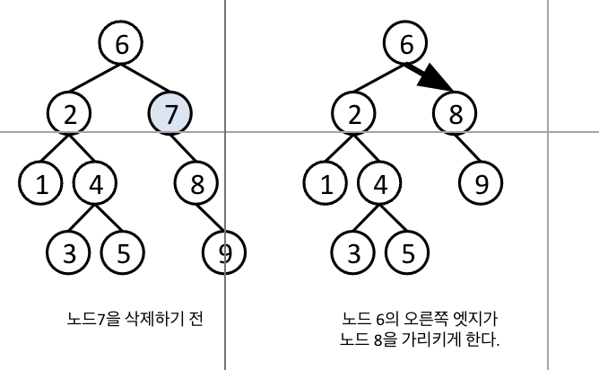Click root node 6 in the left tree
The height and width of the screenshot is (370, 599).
(122, 42)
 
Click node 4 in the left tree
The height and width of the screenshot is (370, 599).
(96, 184)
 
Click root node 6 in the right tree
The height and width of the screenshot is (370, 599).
(406, 42)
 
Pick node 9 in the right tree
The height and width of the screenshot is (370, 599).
(482, 184)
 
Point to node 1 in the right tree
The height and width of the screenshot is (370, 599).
(328, 184)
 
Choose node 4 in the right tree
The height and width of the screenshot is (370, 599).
(380, 184)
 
